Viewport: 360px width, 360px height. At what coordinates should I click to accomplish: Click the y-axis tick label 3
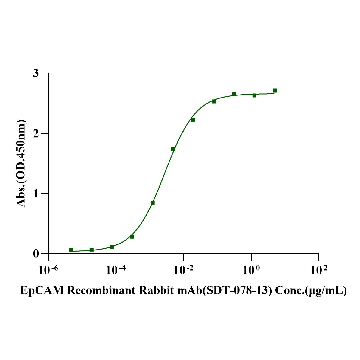pos(36,73)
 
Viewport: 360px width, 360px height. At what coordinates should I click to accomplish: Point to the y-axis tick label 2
pos(36,133)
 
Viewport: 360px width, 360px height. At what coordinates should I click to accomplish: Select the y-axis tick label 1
pos(36,193)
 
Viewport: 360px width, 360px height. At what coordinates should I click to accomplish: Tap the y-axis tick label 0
pos(36,253)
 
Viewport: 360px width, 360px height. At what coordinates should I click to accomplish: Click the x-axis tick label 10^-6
pos(48,270)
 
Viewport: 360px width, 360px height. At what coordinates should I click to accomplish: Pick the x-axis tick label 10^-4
pos(116,270)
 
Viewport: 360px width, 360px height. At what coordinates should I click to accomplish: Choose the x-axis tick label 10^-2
pos(183,270)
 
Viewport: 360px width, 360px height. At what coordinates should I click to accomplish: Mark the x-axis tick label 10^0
pos(251,270)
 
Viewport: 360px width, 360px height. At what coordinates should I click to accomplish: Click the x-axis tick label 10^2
pos(319,270)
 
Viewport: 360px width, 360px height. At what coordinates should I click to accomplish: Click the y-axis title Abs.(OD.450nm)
pos(21,163)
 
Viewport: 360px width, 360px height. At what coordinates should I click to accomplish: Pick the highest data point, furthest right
pos(275,91)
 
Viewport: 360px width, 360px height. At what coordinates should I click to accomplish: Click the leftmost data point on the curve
pos(71,250)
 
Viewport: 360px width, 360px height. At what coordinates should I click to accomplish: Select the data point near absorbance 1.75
pos(173,148)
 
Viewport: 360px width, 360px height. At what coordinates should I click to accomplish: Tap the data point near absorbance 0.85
pos(153,203)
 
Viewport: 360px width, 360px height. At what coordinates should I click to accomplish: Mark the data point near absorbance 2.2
pos(193,120)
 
